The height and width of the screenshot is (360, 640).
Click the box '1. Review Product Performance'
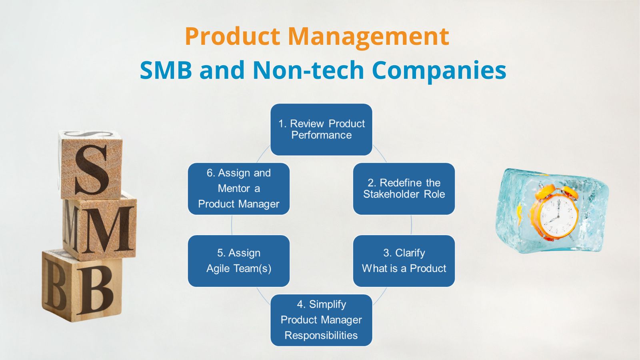(x=321, y=129)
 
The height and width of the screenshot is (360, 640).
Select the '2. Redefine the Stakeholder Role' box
(x=404, y=188)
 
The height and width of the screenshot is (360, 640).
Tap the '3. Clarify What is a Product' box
(x=404, y=260)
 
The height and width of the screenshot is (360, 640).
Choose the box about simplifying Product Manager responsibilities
(x=321, y=320)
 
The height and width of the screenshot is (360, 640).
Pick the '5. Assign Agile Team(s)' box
(x=238, y=260)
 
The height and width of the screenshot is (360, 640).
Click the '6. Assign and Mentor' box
(x=238, y=188)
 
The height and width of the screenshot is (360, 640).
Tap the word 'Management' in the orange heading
(x=368, y=36)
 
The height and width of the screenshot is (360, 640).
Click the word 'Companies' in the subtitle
(x=439, y=70)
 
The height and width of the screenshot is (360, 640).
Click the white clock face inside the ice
(x=558, y=216)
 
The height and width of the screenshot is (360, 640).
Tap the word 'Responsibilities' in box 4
(x=321, y=335)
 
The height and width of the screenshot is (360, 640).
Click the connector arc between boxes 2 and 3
(x=412, y=225)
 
